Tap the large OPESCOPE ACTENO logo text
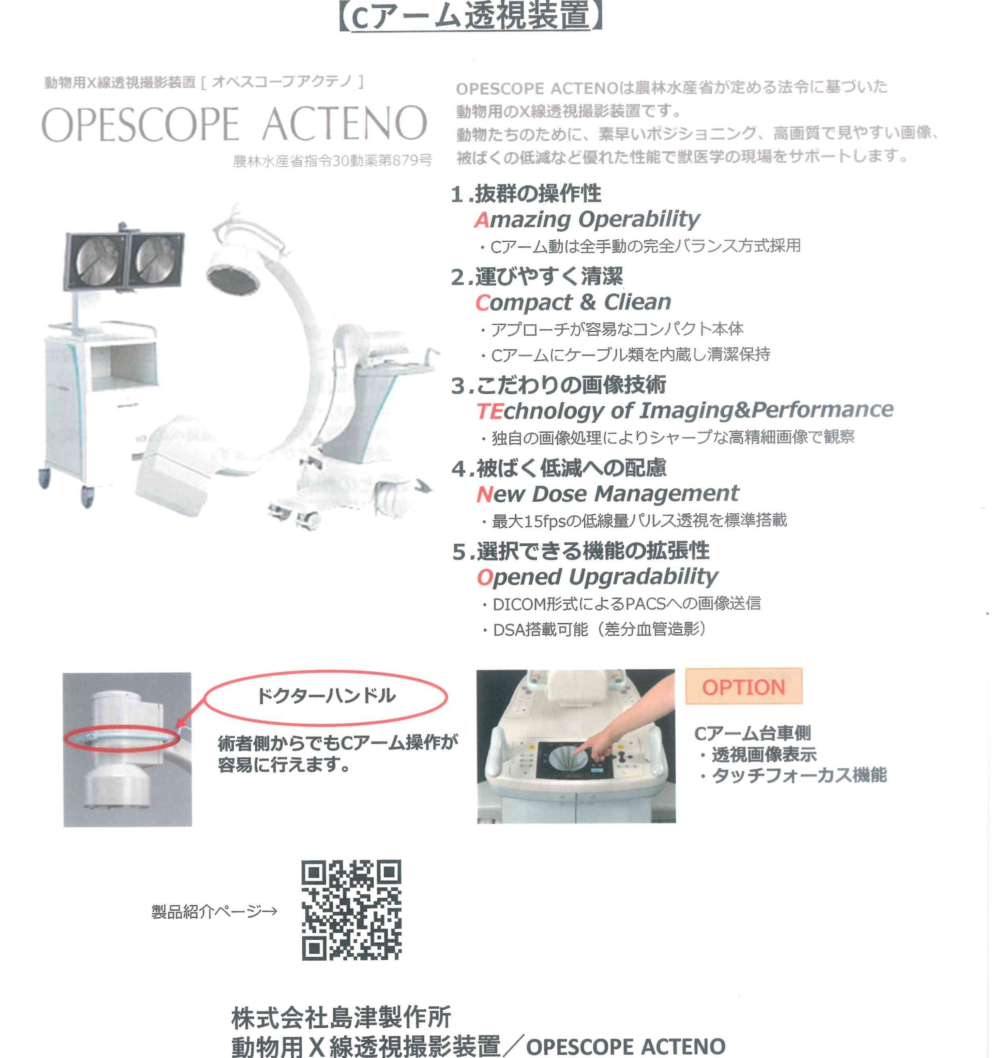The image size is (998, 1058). pos(234,124)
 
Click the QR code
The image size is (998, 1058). pos(351,910)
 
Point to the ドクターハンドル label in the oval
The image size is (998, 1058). pos(326,696)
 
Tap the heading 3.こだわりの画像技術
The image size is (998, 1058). pos(559,385)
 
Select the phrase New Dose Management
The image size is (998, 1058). pos(607,494)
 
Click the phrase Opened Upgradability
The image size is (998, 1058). pos(597,577)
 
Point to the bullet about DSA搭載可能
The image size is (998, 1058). pos(595,629)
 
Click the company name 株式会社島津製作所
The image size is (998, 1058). pos(341,1017)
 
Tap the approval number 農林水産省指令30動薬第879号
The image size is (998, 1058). pos(332,161)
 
